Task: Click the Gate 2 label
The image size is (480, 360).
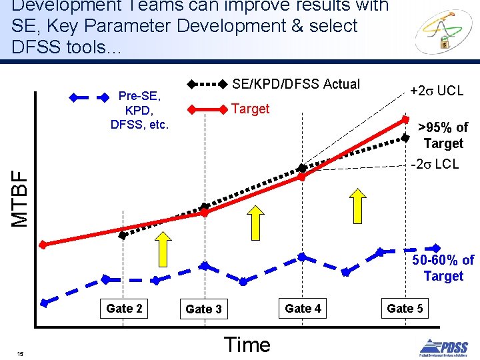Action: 124,308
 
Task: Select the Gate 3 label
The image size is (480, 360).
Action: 203,309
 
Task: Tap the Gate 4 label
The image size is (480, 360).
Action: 303,308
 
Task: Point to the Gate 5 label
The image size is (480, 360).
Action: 405,308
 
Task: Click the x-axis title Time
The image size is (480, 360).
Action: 247,345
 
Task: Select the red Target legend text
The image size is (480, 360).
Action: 250,109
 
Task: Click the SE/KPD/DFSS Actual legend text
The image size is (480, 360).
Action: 295,84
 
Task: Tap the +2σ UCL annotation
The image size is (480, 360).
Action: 437,91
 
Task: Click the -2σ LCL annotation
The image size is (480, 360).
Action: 435,164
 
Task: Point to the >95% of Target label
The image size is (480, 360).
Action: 443,135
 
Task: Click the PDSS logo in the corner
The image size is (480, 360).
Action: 443,347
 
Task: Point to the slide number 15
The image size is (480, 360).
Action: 21,353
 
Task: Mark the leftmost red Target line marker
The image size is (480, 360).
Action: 43,245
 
